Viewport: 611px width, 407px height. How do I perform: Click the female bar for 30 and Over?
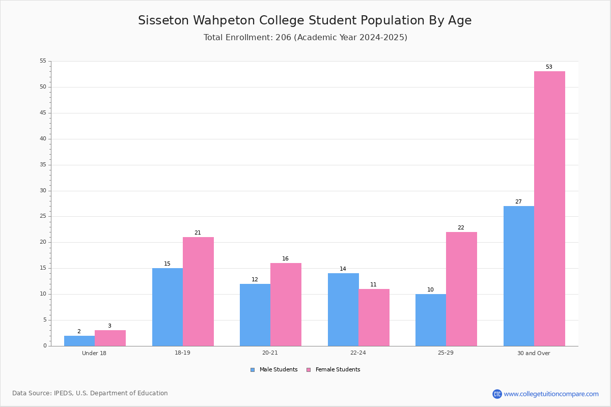tap(549, 209)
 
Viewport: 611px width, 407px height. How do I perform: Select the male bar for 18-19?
tap(168, 307)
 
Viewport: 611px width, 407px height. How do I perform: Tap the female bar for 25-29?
tap(461, 289)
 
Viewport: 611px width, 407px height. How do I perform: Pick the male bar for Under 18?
tap(79, 341)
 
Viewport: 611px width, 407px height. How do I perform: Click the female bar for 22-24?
tap(374, 317)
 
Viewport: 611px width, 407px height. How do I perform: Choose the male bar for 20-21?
tap(255, 315)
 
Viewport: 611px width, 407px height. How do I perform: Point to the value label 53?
tap(549, 67)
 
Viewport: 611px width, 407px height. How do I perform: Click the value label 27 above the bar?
tap(518, 202)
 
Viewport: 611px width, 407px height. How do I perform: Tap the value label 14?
tap(343, 269)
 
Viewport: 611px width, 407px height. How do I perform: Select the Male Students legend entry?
tap(274, 370)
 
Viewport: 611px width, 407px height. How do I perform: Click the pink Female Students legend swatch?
tap(309, 370)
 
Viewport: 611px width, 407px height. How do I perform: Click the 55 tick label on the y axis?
tap(43, 61)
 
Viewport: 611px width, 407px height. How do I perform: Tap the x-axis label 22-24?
tap(358, 353)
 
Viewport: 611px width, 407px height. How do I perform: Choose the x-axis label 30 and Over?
tap(534, 353)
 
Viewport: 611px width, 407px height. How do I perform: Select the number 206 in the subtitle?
tap(283, 37)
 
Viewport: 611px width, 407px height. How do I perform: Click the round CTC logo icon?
tap(497, 394)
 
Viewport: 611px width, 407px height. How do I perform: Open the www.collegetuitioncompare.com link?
tap(551, 394)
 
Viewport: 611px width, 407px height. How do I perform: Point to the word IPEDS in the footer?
tap(63, 393)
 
